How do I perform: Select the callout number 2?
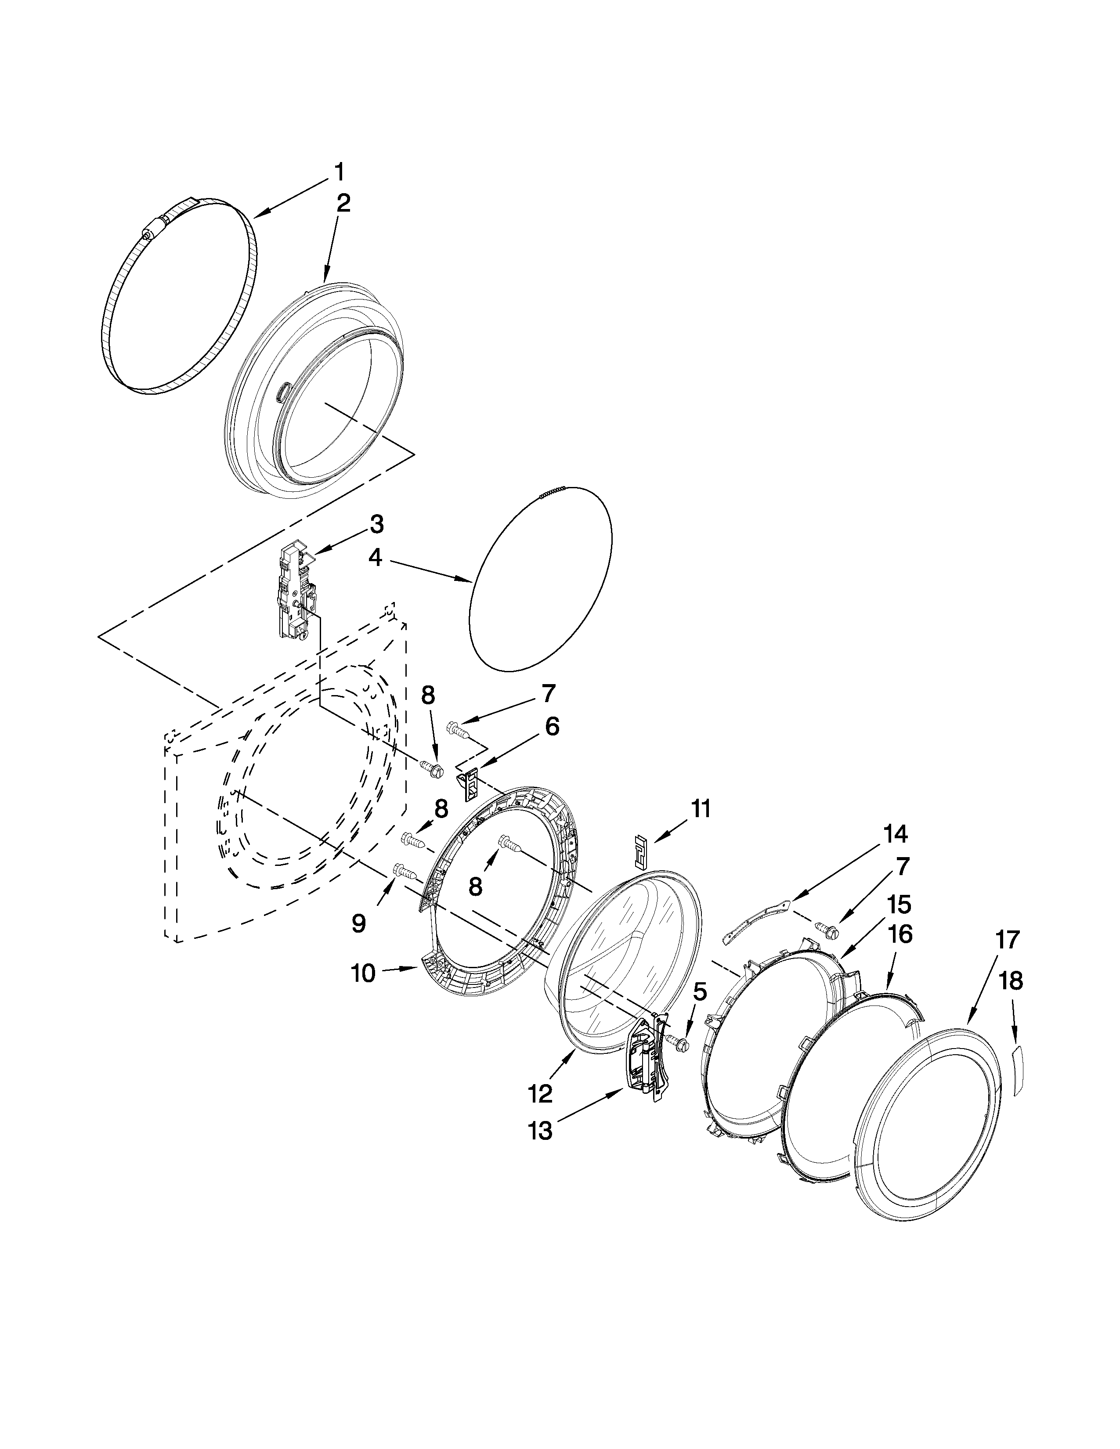coord(343,203)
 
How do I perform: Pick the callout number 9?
coord(358,923)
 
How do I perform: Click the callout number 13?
coord(541,1130)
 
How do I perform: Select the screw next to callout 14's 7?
coord(829,931)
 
